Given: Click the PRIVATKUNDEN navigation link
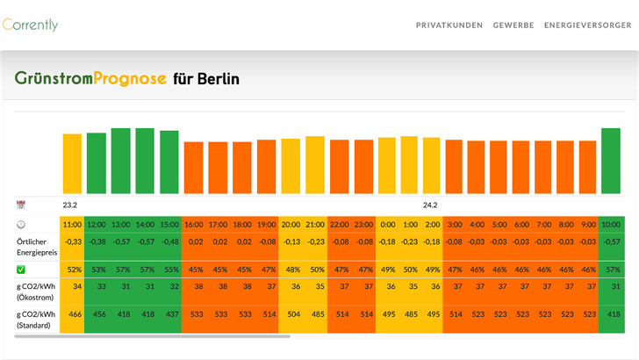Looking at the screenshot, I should (449, 25).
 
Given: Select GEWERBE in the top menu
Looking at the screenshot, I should (513, 25).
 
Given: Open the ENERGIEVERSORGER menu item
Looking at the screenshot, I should (587, 25).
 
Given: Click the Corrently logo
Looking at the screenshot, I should (31, 25).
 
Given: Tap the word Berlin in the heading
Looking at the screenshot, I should (218, 79).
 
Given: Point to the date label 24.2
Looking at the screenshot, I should (430, 205).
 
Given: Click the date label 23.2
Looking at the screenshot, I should (70, 205).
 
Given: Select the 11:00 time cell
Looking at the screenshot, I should (72, 224).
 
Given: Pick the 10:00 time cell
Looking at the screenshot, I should (612, 224).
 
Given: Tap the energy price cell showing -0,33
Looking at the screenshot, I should (72, 241).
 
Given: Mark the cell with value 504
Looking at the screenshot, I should (292, 313).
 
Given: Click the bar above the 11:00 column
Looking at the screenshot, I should (72, 163).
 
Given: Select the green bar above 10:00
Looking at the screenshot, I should (611, 161).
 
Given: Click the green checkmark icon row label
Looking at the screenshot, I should (21, 269).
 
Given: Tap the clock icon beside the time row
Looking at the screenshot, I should (21, 225).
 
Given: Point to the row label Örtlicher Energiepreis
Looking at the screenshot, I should (35, 247).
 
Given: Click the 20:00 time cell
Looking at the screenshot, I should (292, 224).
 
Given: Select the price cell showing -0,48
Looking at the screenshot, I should (170, 241).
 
